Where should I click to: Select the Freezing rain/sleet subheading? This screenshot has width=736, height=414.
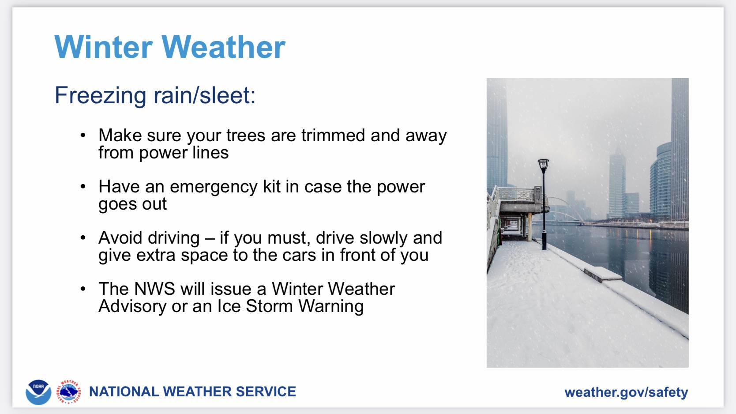point(155,96)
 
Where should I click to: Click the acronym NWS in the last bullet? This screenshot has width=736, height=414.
point(155,289)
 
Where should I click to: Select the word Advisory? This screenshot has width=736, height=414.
point(132,307)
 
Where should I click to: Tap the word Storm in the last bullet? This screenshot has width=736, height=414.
point(269,306)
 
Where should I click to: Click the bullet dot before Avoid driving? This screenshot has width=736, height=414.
point(83,237)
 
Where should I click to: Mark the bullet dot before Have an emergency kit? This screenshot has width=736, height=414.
point(83,186)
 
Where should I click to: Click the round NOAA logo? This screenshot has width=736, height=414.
point(38,392)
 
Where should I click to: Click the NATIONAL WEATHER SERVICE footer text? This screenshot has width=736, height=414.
point(192,391)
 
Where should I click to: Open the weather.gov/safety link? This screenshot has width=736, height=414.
point(626,392)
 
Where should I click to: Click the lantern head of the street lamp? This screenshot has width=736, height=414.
point(543,166)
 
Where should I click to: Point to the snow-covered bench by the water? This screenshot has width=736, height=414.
point(603,274)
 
